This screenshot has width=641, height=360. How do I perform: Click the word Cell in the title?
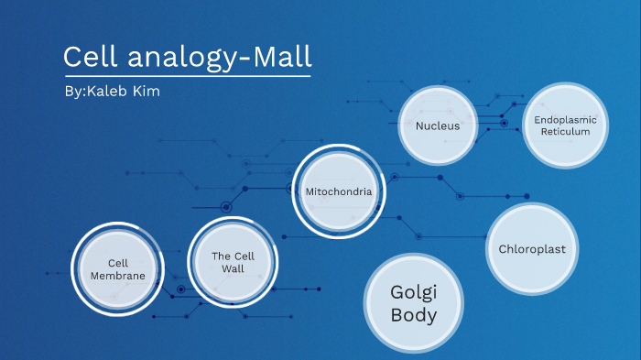[x=89, y=57]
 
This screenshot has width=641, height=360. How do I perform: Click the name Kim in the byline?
[x=147, y=93]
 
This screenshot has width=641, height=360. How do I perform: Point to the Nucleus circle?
[x=437, y=125]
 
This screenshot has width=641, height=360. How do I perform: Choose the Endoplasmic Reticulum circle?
[x=564, y=126]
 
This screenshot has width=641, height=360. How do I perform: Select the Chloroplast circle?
[x=532, y=249]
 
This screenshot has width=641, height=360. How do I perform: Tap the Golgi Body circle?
[x=413, y=304]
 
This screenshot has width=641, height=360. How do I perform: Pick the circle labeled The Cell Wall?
[x=233, y=262]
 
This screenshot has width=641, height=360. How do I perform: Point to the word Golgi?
[x=414, y=293]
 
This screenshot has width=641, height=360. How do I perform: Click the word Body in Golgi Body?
[x=414, y=316]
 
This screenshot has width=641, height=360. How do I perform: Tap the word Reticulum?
[x=565, y=132]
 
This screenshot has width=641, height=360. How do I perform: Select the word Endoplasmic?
[x=565, y=120]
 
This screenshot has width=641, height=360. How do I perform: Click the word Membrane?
[x=117, y=276]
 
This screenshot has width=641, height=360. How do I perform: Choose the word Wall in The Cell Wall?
[x=233, y=268]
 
